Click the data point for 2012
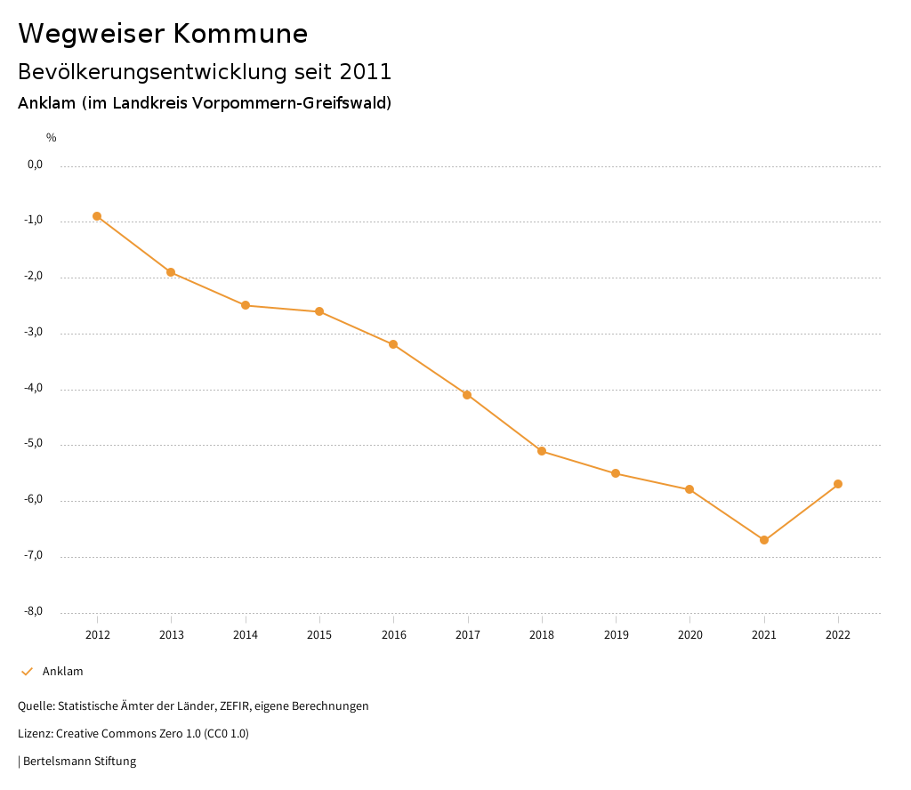pos(97,216)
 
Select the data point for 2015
pos(319,311)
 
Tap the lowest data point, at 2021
pos(764,540)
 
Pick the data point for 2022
pos(838,484)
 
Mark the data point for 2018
pos(542,451)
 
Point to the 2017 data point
pos(467,395)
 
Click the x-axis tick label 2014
pos(246,635)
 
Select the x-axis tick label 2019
pos(616,635)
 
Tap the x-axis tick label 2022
pos(838,635)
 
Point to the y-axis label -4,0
pos(35,389)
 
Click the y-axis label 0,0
pos(35,165)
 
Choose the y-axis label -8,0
pos(35,611)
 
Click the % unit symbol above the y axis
pos(52,138)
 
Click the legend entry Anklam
pos(62,672)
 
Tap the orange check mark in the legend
pos(27,672)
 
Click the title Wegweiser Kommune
pos(163,34)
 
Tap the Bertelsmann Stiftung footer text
pos(79,762)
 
